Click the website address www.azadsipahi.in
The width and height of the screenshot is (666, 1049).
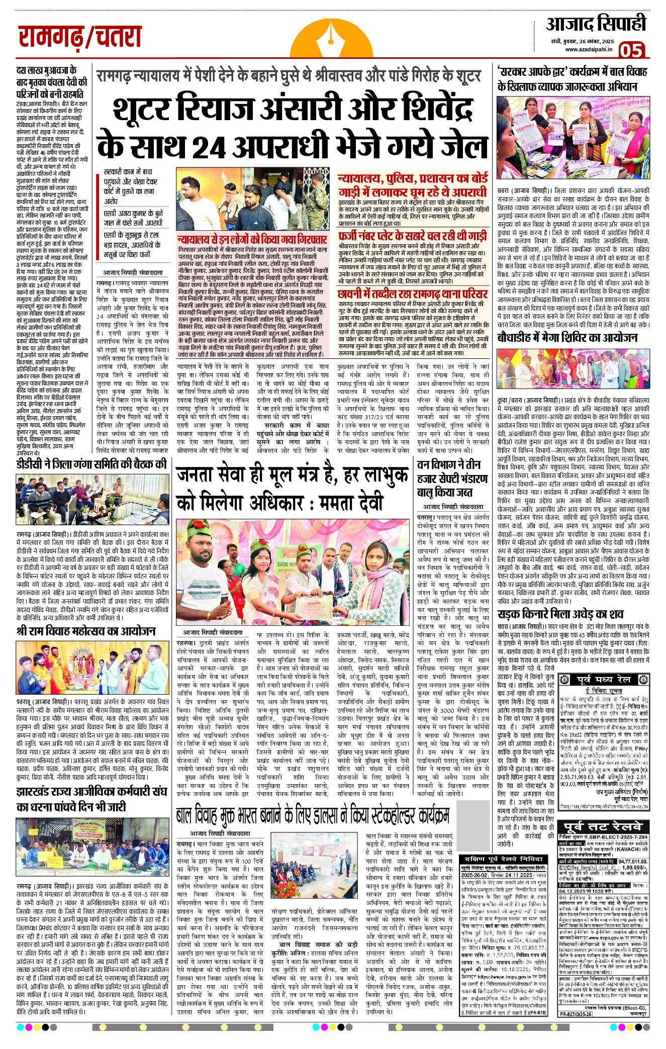pyautogui.click(x=588, y=49)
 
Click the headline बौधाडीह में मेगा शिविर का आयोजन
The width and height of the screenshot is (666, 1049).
pyautogui.click(x=567, y=337)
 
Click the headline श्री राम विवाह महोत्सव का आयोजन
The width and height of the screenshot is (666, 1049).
pyautogui.click(x=86, y=631)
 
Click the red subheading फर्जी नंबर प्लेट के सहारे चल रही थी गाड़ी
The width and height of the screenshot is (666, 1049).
pyautogui.click(x=412, y=235)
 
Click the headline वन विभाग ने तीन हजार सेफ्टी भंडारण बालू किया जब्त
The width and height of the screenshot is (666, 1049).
pyautogui.click(x=451, y=478)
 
